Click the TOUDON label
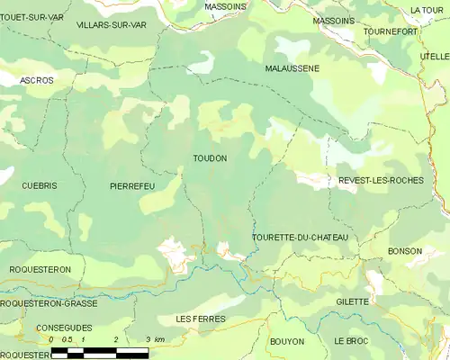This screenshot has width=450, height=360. coord(210,157)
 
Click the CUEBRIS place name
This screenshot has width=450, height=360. coord(40,184)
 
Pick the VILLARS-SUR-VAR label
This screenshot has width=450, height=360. coord(112,25)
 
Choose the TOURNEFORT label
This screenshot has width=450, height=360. coord(391,31)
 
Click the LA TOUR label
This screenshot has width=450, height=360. coord(426,10)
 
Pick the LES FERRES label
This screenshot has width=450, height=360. coord(201,319)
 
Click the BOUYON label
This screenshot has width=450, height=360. coord(286,342)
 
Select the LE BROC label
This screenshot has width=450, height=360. coord(351,342)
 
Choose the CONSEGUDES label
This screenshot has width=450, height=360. coord(64,328)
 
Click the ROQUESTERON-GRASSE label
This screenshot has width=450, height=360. coord(49,303)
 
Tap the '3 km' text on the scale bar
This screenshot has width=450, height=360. coord(154,339)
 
